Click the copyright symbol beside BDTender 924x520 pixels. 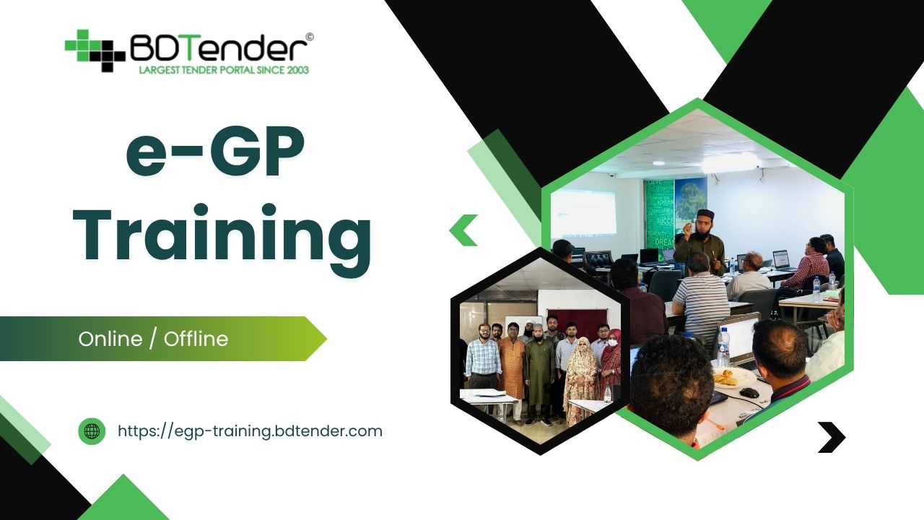point(309,36)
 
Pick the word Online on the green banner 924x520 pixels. point(110,339)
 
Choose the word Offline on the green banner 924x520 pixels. point(196,339)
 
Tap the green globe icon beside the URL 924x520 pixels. point(92,431)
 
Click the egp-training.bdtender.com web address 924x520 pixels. point(250,431)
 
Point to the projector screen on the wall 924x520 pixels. point(584,212)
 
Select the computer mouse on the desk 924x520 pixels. point(749,392)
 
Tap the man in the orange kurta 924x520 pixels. point(512,365)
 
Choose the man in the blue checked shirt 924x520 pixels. point(483,357)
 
